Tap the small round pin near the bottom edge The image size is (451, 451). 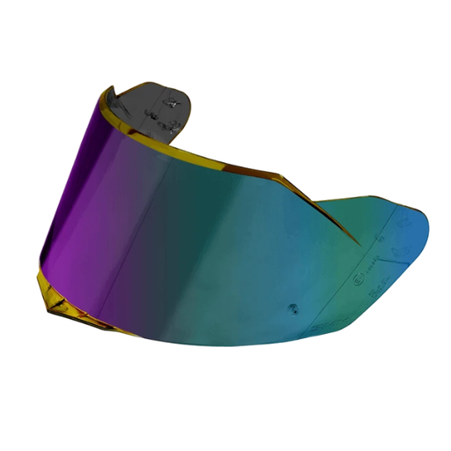coord(292,310)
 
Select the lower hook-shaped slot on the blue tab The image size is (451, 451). coord(402,246)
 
